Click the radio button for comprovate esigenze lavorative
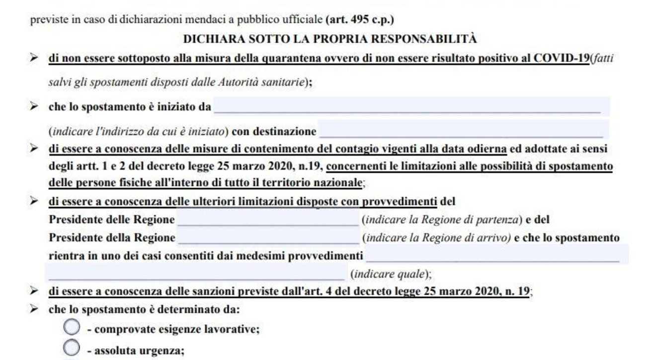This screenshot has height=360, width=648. (x=72, y=328)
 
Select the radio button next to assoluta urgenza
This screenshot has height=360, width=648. (x=72, y=348)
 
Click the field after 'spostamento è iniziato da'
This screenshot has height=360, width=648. (x=410, y=106)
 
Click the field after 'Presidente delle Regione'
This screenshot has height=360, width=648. (x=268, y=219)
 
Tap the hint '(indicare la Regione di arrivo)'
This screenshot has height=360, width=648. (x=437, y=238)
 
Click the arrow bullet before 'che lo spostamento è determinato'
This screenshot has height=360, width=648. (x=34, y=309)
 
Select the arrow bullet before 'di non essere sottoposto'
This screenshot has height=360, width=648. (x=34, y=58)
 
